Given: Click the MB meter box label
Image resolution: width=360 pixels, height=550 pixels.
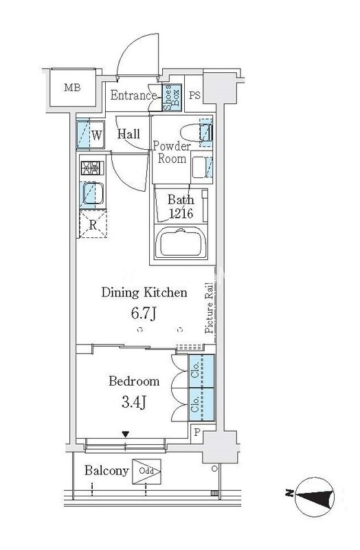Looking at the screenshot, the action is (x=72, y=87).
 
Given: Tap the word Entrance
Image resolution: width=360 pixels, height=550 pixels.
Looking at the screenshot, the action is (x=133, y=96).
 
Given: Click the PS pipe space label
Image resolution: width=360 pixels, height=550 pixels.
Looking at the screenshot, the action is (x=194, y=95).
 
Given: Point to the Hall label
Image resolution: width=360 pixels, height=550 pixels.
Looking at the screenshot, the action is (x=128, y=133).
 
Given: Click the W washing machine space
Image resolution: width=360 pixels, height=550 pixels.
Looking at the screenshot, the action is (x=91, y=135).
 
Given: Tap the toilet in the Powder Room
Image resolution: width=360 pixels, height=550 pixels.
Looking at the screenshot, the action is (x=196, y=133).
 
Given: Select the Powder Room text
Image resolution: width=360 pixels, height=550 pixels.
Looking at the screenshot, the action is (x=172, y=152).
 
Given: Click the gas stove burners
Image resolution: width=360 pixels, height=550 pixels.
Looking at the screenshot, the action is (x=93, y=168).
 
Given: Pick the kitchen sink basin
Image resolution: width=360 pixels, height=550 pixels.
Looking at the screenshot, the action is (x=93, y=194).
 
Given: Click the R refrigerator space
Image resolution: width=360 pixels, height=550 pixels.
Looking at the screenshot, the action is (x=93, y=224).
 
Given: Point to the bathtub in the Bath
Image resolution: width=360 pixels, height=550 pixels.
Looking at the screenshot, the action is (x=181, y=243).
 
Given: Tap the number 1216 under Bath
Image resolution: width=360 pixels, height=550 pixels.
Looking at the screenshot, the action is (x=181, y=213).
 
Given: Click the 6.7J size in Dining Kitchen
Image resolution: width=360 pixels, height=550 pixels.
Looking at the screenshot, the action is (x=144, y=313).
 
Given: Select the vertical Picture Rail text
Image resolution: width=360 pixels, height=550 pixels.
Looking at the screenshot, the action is (x=210, y=307).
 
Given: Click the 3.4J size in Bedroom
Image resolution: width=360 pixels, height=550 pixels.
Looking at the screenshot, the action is (x=133, y=402).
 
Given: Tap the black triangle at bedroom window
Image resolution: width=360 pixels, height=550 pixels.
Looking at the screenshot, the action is (x=126, y=434).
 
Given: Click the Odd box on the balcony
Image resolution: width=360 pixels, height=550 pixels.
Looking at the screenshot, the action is (x=146, y=472).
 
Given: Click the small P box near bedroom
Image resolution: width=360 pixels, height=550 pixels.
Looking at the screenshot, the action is (x=196, y=432).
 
